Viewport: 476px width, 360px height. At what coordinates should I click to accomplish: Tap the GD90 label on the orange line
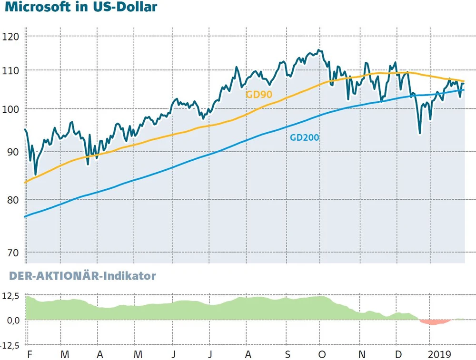[259, 94]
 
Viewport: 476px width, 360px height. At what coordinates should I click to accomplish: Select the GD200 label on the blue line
[304, 138]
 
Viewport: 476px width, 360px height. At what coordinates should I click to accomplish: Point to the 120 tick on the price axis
[10, 37]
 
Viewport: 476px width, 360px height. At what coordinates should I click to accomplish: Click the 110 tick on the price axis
[10, 70]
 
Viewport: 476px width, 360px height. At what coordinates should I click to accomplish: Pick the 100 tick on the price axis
[10, 109]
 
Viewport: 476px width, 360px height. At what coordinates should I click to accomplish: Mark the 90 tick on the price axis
[10, 152]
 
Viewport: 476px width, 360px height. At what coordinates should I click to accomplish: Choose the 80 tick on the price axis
[10, 200]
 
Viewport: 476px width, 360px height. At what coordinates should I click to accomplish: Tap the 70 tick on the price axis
[10, 253]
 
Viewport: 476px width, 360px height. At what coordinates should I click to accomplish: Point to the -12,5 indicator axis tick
[10, 344]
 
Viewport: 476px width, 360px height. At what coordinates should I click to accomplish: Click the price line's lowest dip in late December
[419, 134]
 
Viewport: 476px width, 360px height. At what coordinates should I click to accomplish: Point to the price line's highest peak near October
[318, 50]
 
